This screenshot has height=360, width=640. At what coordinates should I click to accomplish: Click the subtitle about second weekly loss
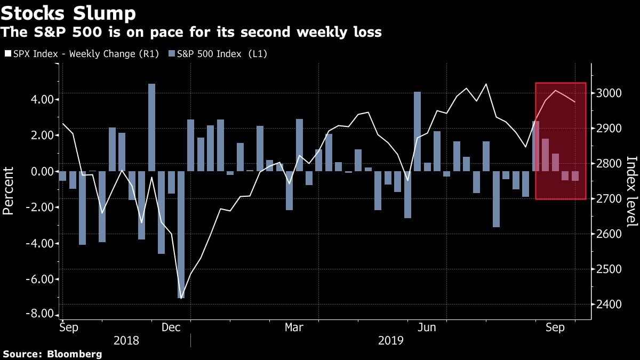pos(191,33)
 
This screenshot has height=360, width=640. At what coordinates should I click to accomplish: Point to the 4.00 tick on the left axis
pos(41,99)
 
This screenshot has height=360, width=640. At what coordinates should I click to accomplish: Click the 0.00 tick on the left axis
pos(41,171)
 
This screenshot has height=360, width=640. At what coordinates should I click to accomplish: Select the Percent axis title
pos(9,190)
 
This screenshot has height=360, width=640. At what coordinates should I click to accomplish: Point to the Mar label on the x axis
pos(294,326)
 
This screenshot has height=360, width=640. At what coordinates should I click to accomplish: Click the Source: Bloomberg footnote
pos(52,354)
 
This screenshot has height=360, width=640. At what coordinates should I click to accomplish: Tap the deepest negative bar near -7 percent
pos(181,235)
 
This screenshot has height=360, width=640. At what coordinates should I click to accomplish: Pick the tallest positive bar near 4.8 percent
pos(151,127)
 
